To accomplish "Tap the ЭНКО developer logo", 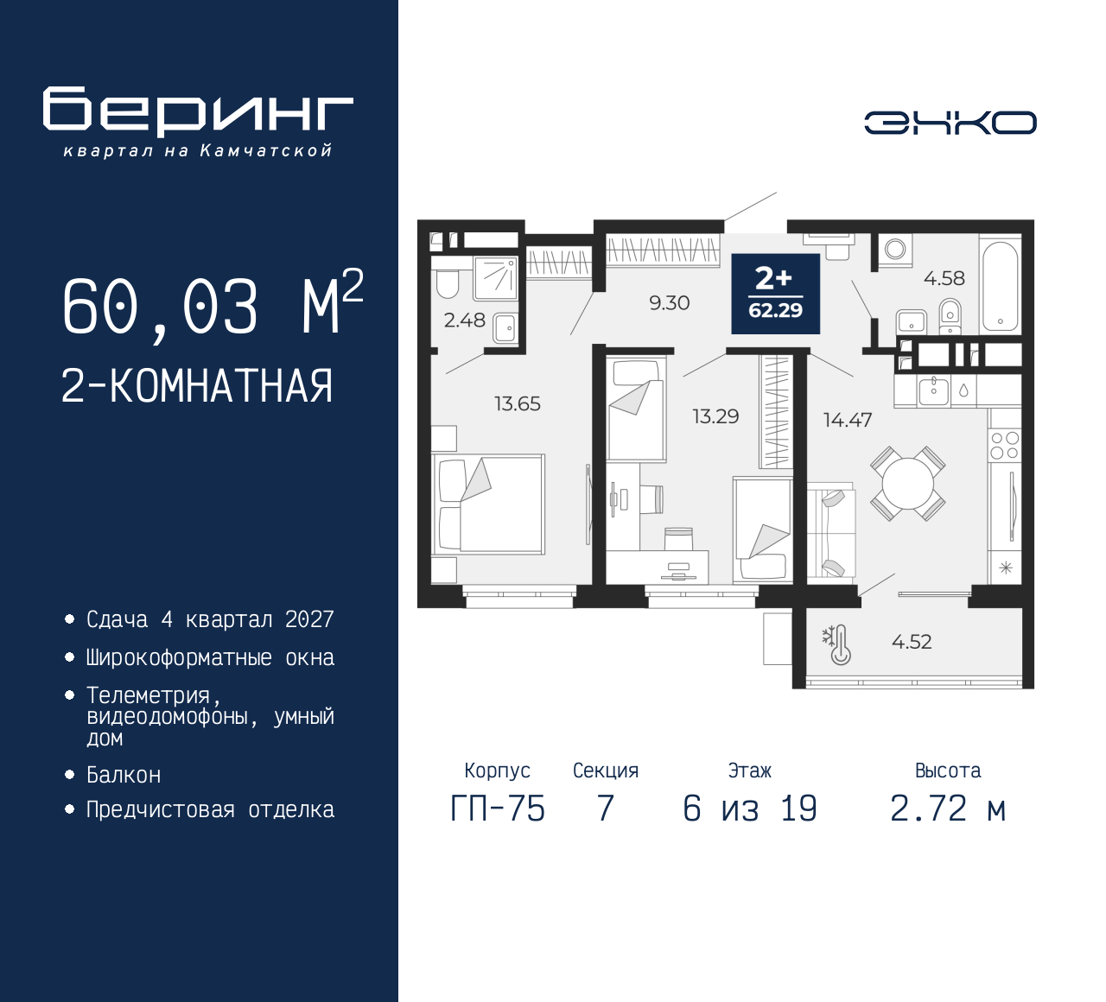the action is (x=950, y=123).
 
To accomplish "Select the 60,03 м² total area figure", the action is (x=213, y=304).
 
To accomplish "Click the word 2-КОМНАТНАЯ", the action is (x=197, y=386).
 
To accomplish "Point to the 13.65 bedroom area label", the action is (x=518, y=404).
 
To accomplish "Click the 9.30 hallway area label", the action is (x=670, y=302).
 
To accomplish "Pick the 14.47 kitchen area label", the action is (x=848, y=420).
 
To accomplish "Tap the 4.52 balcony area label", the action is (x=912, y=642).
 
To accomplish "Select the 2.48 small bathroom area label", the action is (x=464, y=320).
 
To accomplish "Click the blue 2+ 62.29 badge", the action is (x=775, y=294).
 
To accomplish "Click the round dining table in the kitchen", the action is (x=908, y=484).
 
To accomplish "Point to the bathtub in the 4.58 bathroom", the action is (x=1000, y=286).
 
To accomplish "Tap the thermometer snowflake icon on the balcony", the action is (x=837, y=644).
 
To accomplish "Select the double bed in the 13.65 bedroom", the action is (x=488, y=504).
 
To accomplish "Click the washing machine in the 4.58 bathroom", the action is (x=895, y=250).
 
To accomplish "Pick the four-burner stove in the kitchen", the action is (x=1005, y=446).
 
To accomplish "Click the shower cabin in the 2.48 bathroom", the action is (x=496, y=276).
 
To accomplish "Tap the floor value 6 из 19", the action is (x=750, y=809).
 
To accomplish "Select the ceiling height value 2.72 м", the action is (x=948, y=809).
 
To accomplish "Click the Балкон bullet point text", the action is (x=124, y=775).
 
